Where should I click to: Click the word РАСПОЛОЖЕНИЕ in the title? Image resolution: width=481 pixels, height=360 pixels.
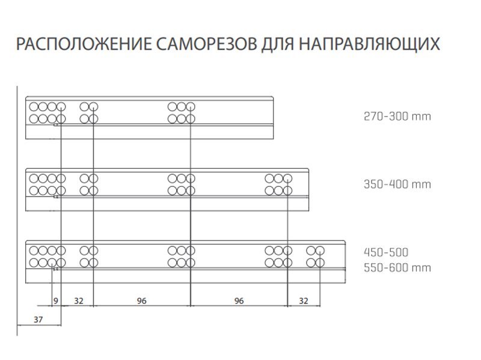point(84,44)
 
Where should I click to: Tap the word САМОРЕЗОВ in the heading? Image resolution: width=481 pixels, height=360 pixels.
point(207,44)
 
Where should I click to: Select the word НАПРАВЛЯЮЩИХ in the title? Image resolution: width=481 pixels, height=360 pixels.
point(369,44)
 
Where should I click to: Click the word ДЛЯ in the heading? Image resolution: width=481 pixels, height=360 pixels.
point(278,44)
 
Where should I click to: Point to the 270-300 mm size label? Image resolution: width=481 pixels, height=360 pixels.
point(397,117)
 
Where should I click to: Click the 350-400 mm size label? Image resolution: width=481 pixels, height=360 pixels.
point(397,185)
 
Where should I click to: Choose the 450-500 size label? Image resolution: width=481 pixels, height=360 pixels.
point(386,252)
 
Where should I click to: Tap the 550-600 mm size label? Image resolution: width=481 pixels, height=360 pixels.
point(397,268)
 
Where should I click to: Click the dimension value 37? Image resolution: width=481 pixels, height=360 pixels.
point(38,320)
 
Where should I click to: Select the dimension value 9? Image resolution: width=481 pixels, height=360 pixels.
point(55,301)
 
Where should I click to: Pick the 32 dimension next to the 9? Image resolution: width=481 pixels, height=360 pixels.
point(79,301)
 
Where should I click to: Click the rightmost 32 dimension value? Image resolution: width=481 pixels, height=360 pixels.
point(304,301)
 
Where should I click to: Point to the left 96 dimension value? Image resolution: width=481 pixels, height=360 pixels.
point(141,301)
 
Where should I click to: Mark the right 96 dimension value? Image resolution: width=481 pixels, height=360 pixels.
point(239,301)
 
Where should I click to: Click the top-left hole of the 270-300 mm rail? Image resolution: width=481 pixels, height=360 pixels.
point(34,107)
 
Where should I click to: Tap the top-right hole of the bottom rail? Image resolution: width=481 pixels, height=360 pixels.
point(320,251)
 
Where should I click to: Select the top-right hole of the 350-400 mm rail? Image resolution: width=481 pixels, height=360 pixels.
point(287,178)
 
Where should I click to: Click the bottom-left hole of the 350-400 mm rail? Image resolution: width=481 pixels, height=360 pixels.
point(34,191)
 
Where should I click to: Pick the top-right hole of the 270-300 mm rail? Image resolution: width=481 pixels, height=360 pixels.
point(191,107)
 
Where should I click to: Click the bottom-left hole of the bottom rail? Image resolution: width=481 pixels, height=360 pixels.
point(34,263)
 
